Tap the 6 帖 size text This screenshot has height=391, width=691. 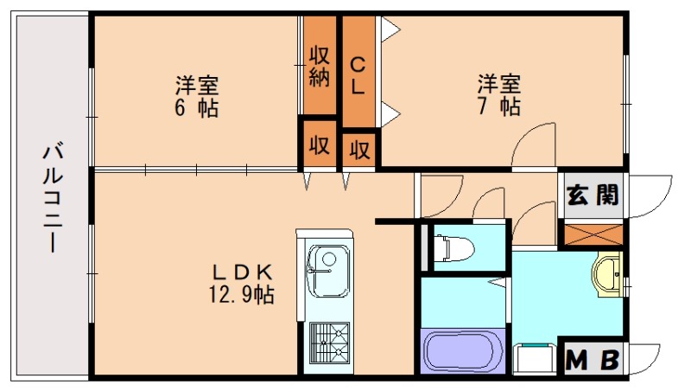pyautogui.click(x=197, y=109)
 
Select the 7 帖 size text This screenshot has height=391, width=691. pyautogui.click(x=499, y=107)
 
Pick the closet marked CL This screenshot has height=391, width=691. pyautogui.click(x=359, y=74)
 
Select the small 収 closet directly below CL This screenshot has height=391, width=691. pyautogui.click(x=360, y=150)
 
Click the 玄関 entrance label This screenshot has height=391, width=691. pyautogui.click(x=593, y=195)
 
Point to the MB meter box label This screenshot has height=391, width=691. pyautogui.click(x=593, y=359)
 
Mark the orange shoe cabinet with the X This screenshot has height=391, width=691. pyautogui.click(x=592, y=232)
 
